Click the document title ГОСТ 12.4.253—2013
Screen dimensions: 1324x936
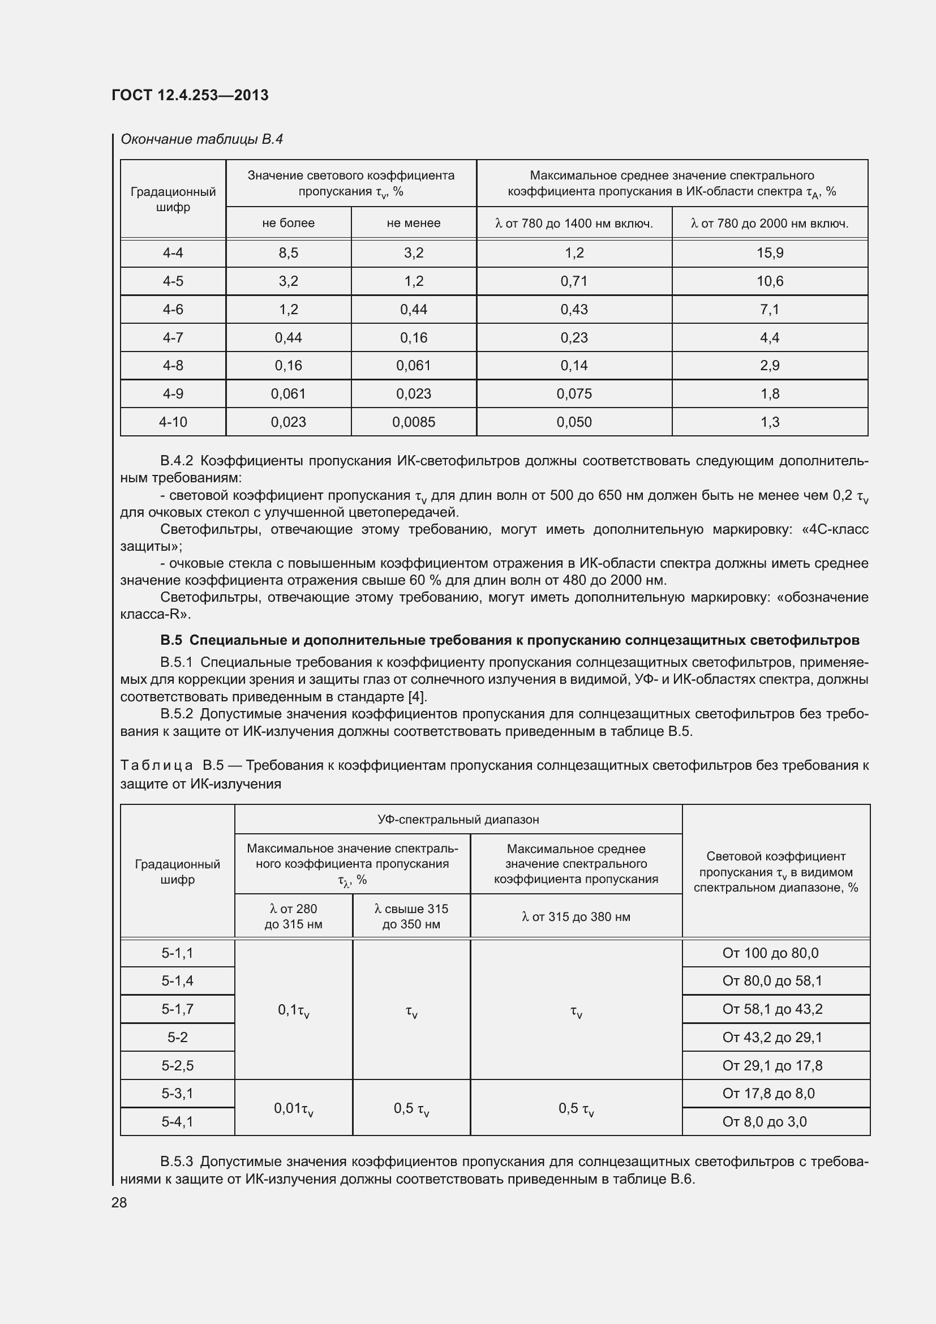190,95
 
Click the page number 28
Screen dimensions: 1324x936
119,1203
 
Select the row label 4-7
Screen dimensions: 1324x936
173,338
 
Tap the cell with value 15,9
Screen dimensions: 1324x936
770,253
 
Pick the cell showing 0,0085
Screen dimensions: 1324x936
413,422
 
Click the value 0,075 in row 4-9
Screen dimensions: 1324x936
574,394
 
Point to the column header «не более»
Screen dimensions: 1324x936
288,223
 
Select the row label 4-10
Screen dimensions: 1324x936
173,422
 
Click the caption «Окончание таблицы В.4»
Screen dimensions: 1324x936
201,140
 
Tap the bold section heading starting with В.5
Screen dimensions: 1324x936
509,640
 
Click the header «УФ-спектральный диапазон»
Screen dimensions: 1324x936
458,820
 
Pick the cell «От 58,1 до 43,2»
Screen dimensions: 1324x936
772,1009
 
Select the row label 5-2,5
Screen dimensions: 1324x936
178,1066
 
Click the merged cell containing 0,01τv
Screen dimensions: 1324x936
293,1108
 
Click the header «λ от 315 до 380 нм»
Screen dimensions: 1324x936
576,917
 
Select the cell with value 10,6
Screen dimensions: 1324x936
770,281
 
